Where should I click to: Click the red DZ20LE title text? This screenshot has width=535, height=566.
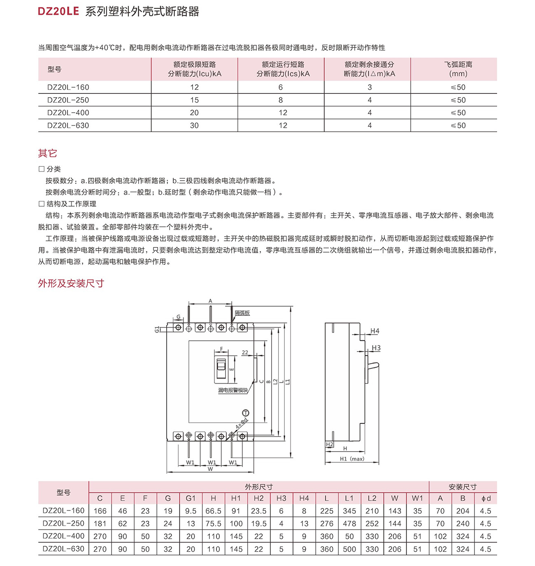coord(58,11)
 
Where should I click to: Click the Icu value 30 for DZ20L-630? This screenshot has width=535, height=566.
coord(194,126)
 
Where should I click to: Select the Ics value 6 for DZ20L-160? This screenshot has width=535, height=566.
coord(281,87)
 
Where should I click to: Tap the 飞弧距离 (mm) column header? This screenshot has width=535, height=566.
coord(458,69)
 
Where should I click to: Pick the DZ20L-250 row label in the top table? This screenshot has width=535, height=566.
coord(68,100)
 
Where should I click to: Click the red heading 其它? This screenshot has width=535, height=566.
coord(47,154)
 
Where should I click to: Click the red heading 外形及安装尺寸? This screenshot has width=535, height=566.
coord(71,283)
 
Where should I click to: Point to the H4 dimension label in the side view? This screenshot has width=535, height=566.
coord(374,331)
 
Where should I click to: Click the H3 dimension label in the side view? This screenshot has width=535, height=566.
coord(376,348)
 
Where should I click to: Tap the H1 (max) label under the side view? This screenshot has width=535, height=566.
coord(352,459)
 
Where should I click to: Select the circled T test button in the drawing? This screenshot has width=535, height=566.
coord(245,413)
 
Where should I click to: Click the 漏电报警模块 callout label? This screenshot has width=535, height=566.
coord(233,390)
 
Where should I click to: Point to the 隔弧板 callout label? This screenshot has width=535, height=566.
coord(242,313)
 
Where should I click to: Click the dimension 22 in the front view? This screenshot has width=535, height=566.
coord(245,353)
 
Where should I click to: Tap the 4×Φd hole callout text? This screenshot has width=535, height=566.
coord(242,424)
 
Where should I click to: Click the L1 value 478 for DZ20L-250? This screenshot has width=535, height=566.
coord(349,524)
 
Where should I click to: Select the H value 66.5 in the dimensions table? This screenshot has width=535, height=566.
coord(213,511)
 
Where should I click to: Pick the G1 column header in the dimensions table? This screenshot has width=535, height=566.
coord(191,498)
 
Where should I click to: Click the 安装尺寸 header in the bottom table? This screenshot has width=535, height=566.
coord(463,487)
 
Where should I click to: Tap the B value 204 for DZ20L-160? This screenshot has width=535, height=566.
coord(463,511)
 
